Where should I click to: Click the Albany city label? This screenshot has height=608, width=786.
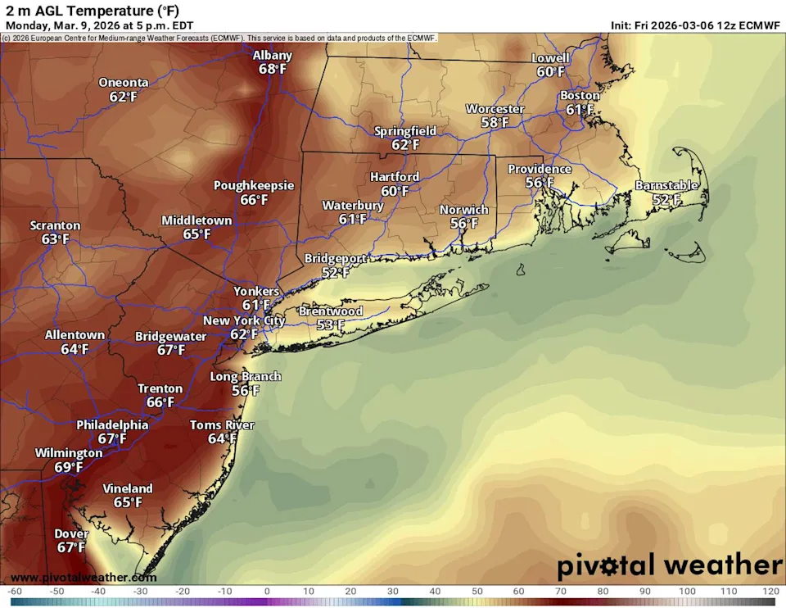click(x=272, y=56)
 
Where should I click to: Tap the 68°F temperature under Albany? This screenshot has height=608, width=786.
click(x=272, y=70)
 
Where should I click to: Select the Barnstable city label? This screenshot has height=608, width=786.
click(x=666, y=186)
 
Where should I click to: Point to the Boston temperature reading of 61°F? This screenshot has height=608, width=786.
click(x=580, y=110)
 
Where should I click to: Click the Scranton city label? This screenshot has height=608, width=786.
click(x=56, y=225)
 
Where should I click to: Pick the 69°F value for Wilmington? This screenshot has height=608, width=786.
click(x=69, y=467)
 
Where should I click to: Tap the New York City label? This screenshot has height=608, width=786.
click(x=244, y=320)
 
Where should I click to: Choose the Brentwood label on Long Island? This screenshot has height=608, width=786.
click(x=330, y=311)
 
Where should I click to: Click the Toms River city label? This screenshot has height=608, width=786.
click(x=222, y=425)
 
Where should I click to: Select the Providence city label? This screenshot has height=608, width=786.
click(x=540, y=169)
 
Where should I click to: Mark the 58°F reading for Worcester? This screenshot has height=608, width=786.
click(x=495, y=122)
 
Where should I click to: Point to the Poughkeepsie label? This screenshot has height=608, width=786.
click(x=254, y=186)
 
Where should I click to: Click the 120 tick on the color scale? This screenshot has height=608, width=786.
click(x=768, y=592)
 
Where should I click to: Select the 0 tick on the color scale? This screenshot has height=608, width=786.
click(x=266, y=592)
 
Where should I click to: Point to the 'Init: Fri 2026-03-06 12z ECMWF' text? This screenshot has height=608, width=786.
click(x=695, y=25)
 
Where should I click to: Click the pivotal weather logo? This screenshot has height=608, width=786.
click(x=670, y=565)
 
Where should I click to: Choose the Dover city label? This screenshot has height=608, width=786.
click(x=71, y=533)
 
